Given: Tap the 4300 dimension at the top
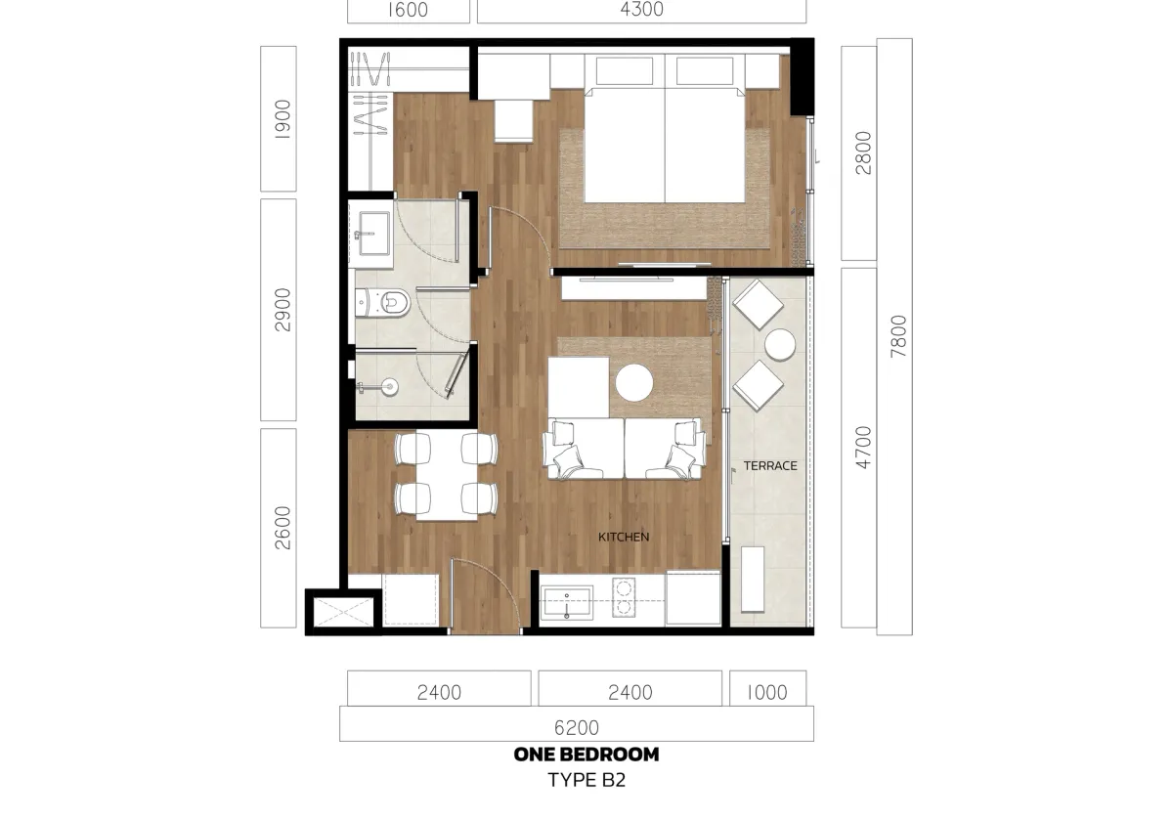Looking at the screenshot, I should coord(641,10).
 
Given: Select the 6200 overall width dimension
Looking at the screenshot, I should coord(577,727).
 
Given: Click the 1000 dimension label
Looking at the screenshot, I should coord(767,693).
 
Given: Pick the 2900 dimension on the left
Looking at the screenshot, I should coord(282,310).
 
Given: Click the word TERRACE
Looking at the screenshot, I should coord(770,466).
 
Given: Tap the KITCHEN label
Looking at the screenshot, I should coord(624,537).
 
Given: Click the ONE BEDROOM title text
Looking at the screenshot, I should coord(586,755).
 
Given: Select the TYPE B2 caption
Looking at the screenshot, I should coord(586,780).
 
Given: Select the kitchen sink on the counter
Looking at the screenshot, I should coord(568,603).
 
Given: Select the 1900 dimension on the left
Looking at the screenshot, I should coord(282,118).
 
